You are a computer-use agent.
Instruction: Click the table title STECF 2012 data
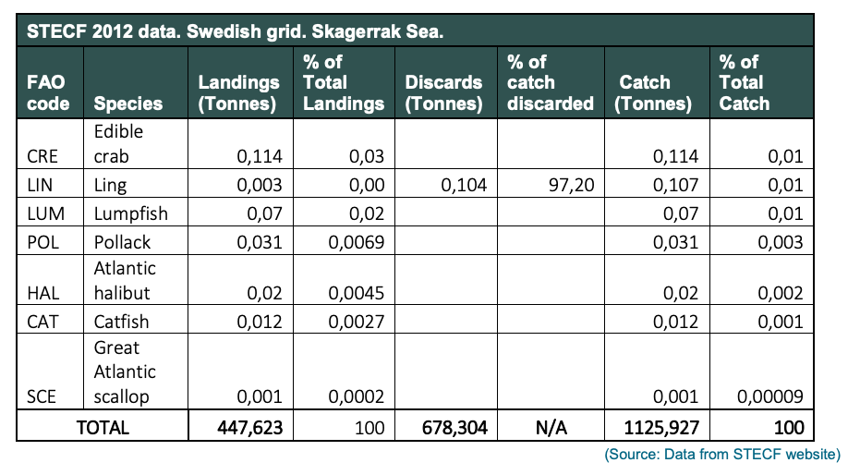pos(103,31)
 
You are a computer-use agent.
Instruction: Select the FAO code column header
pos(48,92)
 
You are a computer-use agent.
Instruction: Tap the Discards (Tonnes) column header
pos(443,92)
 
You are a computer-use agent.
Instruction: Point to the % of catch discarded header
pos(550,82)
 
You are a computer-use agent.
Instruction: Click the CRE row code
pos(42,156)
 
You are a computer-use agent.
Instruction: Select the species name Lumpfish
pos(131,213)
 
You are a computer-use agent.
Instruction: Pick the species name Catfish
pos(121,322)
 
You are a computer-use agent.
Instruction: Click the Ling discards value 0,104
pos(464,185)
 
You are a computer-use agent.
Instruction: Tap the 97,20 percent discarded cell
pos(571,185)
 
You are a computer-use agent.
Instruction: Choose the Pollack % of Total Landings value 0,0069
pos(357,242)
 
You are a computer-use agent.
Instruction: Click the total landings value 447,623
pos(249,428)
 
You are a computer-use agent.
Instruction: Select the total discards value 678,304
pos(454,428)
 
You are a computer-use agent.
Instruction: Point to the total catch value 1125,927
pos(661,428)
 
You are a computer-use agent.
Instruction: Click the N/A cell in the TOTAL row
pos(551,428)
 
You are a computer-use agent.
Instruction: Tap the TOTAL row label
pos(103,428)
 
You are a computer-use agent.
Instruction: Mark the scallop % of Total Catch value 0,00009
pos(770,396)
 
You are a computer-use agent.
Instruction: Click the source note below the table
pos(722,454)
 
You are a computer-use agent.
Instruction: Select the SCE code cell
pos(42,396)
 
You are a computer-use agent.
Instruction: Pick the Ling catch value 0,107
pos(675,185)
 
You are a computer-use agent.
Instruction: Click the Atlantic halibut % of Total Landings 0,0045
pos(357,293)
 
